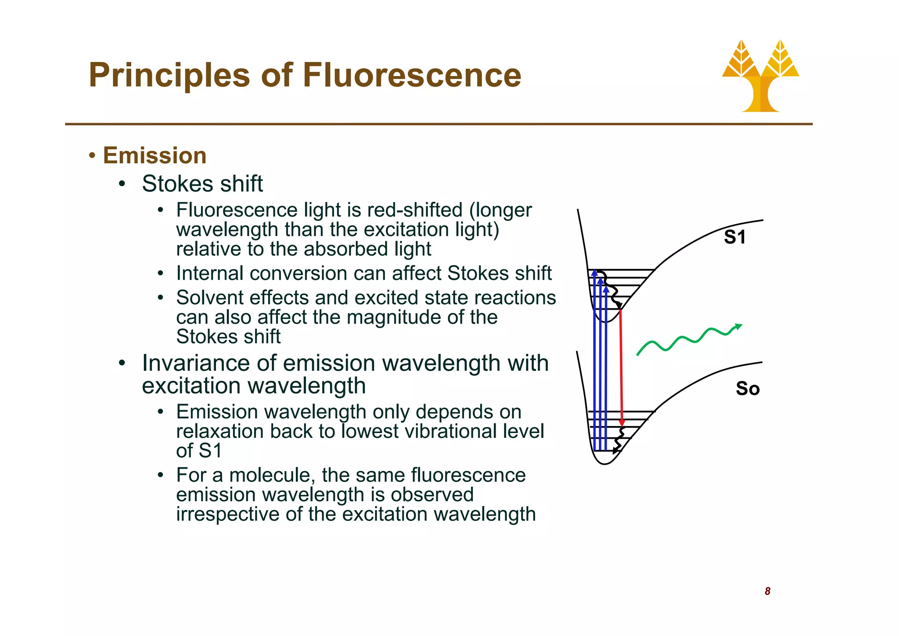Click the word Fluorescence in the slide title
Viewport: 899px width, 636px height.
click(x=412, y=75)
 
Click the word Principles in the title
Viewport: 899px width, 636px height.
click(x=169, y=76)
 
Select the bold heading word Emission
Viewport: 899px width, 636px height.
click(x=155, y=155)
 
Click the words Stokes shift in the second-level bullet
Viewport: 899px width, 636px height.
click(x=202, y=184)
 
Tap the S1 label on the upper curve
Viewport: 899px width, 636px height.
click(x=734, y=237)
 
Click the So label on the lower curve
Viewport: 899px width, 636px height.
click(x=748, y=389)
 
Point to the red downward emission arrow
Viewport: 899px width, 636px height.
click(x=621, y=365)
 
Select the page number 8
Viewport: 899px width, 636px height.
click(x=767, y=591)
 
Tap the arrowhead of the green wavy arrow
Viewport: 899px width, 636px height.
click(x=738, y=326)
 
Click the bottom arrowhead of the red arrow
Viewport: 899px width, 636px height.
click(x=622, y=423)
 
